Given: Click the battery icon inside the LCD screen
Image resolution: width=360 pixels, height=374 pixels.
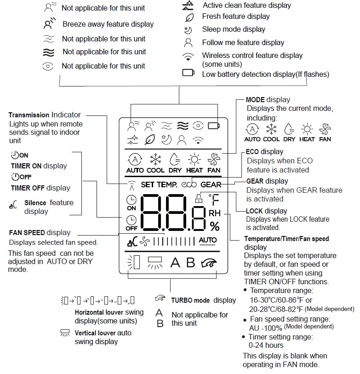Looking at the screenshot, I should (x=213, y=125).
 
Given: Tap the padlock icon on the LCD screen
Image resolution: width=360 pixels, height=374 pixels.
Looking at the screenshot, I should (x=199, y=199).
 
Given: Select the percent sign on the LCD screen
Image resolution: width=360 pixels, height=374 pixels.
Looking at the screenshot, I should (x=215, y=226).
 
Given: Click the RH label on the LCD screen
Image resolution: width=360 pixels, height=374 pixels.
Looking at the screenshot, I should (x=215, y=213).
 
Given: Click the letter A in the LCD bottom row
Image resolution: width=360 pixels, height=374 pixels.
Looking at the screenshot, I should (x=175, y=263).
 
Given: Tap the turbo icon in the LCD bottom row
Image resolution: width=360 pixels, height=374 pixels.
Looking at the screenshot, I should (x=209, y=263).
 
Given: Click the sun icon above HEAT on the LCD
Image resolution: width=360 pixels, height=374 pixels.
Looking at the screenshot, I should (x=194, y=160).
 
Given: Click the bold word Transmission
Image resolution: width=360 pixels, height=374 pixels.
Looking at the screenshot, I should (x=29, y=115).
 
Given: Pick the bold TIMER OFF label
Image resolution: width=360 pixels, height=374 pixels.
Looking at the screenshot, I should (x=28, y=188).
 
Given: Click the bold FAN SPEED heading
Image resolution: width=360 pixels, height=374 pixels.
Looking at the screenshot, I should (x=27, y=233).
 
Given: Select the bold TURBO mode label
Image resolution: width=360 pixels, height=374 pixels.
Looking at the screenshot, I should (x=190, y=300).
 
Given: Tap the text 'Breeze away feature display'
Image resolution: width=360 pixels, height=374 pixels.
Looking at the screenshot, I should (x=108, y=24).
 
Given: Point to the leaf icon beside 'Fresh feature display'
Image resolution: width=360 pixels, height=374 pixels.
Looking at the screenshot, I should (x=189, y=17).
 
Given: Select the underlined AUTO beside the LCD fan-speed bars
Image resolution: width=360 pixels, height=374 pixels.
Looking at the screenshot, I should (x=208, y=240).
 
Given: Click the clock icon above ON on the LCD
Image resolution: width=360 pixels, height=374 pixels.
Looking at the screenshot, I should (x=131, y=200).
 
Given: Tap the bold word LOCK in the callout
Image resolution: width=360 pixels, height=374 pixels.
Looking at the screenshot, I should (x=254, y=211).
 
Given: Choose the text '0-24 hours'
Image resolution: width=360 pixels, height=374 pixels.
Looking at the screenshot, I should (x=266, y=345).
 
